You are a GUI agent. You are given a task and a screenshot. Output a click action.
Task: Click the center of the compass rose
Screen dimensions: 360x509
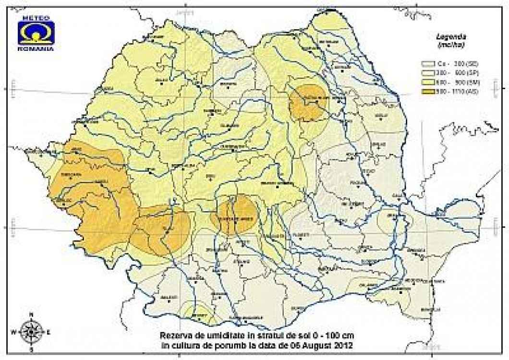point(31,331)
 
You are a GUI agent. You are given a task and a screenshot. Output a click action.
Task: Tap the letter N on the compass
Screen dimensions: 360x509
point(31,315)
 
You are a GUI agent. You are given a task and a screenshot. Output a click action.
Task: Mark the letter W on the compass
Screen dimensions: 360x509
point(14,332)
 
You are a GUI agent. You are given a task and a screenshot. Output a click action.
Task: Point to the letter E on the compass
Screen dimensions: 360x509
point(48,332)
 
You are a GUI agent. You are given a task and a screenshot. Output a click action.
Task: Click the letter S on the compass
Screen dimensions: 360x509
point(31,349)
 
